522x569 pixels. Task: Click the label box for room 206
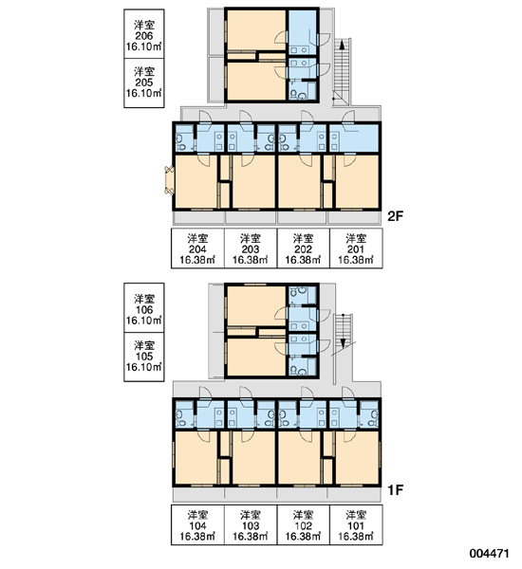144,34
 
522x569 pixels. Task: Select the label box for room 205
144,83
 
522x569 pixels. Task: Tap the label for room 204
197,248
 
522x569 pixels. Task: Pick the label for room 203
251,248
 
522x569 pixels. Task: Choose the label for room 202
304,248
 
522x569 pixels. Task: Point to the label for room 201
356,248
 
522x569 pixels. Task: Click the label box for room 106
144,307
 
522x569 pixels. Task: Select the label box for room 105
144,358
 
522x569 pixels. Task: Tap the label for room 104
197,525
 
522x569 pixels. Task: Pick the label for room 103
251,525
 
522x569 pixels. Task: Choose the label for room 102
304,525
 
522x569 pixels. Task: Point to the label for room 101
356,525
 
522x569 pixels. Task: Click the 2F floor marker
396,216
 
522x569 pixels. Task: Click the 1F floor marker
396,490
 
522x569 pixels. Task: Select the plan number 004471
489,554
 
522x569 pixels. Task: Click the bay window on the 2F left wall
169,180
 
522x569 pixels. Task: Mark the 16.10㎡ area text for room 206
144,46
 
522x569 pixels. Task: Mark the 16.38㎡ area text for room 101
356,536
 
